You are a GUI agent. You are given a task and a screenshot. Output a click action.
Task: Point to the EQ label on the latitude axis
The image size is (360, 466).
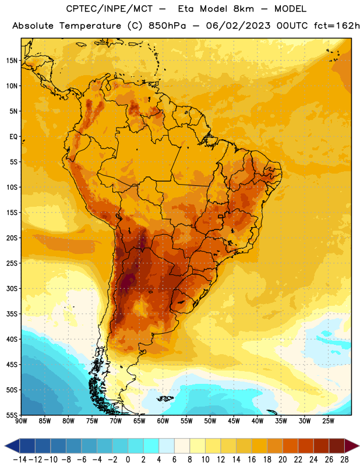(13, 137)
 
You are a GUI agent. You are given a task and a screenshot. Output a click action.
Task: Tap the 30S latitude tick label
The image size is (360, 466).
(12, 288)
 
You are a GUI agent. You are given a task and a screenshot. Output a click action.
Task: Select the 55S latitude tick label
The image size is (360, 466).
(12, 415)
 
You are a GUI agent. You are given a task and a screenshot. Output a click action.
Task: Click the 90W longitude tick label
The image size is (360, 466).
(22, 421)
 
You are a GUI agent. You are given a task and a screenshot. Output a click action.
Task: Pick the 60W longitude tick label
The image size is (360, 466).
(163, 421)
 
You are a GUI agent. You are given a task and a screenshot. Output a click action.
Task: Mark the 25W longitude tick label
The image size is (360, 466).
(328, 421)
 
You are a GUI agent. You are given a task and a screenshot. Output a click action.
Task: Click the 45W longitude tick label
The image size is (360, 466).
(234, 421)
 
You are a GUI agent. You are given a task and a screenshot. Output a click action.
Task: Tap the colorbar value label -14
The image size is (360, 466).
(20, 460)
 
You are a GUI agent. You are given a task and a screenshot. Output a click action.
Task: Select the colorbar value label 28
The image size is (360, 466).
(344, 460)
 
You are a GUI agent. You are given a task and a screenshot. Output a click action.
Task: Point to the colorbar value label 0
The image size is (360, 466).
(128, 460)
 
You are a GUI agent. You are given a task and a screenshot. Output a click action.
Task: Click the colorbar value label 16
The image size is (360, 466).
(252, 460)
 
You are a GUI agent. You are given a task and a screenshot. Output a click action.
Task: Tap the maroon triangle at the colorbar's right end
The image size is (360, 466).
(351, 446)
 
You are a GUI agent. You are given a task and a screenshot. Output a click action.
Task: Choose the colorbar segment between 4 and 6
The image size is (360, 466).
(167, 446)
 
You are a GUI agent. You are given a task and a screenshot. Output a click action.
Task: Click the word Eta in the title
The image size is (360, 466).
(186, 9)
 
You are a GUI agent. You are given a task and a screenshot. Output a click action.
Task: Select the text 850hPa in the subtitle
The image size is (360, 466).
(167, 26)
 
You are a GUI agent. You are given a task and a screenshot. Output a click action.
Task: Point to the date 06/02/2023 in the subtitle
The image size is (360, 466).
(238, 26)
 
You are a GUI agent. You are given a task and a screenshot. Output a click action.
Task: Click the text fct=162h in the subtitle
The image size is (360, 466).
(337, 26)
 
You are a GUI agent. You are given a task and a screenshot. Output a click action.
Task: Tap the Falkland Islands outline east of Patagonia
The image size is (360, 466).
(165, 398)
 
